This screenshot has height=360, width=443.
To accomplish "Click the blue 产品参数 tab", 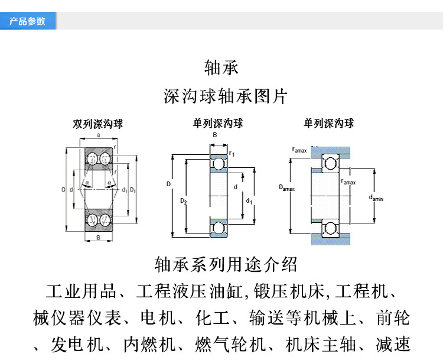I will pyautogui.click(x=28, y=21).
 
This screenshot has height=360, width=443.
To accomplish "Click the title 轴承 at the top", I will pyautogui.click(x=221, y=67).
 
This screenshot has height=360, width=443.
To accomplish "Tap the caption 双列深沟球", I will pyautogui.click(x=98, y=124).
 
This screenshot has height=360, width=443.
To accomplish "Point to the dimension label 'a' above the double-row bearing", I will pyautogui.click(x=98, y=135).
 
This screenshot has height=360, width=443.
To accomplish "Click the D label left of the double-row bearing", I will pyautogui.click(x=63, y=190).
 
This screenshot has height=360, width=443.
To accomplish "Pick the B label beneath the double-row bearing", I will pyautogui.click(x=98, y=238).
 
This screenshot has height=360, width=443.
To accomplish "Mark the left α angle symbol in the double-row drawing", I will pyautogui.click(x=88, y=183).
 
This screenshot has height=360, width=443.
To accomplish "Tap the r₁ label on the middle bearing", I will pyautogui.click(x=232, y=154).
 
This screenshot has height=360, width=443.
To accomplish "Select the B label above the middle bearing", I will pyautogui.click(x=215, y=135).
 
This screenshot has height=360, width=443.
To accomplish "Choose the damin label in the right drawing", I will pyautogui.click(x=376, y=198).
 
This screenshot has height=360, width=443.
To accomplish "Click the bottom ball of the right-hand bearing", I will pyautogui.click(x=329, y=228).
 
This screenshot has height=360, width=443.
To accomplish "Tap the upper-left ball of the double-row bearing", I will pyautogui.click(x=92, y=158).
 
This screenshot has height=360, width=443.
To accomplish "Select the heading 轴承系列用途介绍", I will pyautogui.click(x=226, y=264).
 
